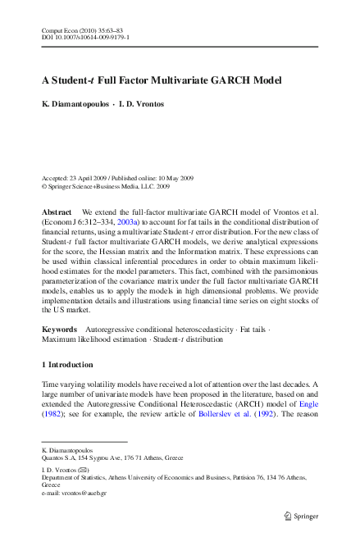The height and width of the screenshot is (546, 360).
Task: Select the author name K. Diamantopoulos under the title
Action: (78, 107)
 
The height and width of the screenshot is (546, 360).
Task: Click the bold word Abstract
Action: (57, 212)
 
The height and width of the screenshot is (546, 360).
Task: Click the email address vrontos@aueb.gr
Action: (79, 493)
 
